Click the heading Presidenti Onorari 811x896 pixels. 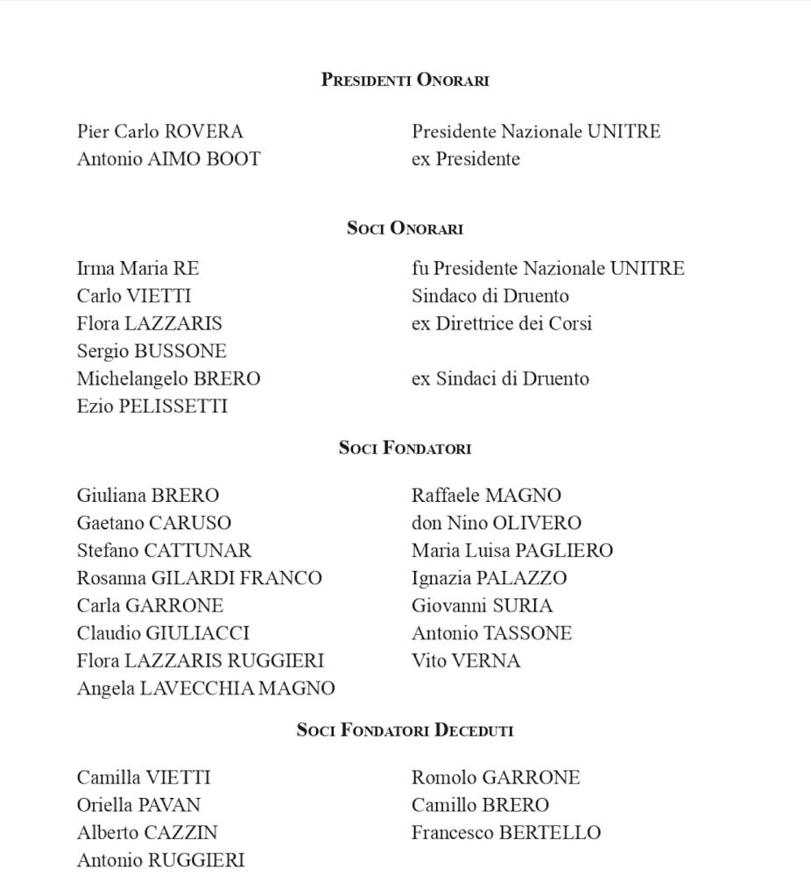(x=405, y=81)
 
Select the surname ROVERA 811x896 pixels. (x=203, y=132)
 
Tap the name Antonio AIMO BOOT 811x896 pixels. (x=168, y=159)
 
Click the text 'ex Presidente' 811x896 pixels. (x=465, y=159)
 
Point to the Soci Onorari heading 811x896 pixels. (x=405, y=229)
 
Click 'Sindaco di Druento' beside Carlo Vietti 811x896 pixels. (x=490, y=296)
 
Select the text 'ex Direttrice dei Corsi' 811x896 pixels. (x=501, y=324)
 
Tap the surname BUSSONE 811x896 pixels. (x=180, y=351)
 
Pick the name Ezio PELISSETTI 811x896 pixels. (x=152, y=406)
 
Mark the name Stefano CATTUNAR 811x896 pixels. (x=164, y=551)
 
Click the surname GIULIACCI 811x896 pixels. (x=197, y=633)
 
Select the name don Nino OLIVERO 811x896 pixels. (x=496, y=524)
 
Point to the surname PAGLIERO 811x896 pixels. (x=564, y=551)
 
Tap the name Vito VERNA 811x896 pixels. (x=465, y=661)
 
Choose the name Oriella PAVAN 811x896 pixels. (x=138, y=805)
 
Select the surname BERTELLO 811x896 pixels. (x=550, y=833)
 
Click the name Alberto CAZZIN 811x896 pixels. (x=147, y=833)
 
